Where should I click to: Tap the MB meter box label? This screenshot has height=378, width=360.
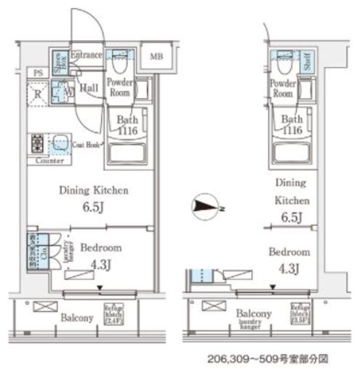[x=157, y=57]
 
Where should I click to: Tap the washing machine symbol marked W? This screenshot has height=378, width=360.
[x=67, y=93]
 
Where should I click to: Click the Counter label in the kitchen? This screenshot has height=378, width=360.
[x=48, y=160]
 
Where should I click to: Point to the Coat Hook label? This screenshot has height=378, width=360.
[x=87, y=145]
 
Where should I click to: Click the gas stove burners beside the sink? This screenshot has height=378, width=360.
[x=37, y=142]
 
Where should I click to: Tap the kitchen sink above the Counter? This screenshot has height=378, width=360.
[x=59, y=142]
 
